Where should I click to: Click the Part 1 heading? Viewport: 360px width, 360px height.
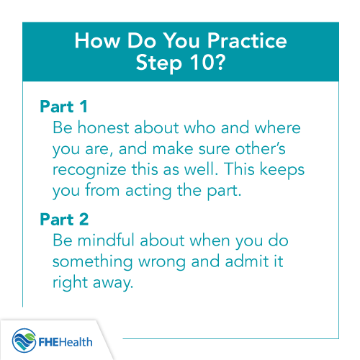63,109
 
